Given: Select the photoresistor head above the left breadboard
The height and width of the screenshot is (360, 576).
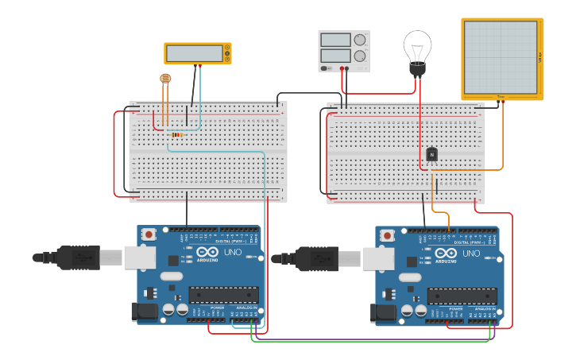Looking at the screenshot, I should click(x=165, y=78).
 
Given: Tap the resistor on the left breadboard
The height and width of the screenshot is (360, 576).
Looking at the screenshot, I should click(x=176, y=135).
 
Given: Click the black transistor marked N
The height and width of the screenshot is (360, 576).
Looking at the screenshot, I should click(x=431, y=154).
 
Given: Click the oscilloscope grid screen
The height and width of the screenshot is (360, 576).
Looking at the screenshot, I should click(x=501, y=57).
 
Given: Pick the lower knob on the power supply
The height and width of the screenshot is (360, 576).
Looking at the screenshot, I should click(x=360, y=56).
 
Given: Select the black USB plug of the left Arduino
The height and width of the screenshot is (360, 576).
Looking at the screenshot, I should click(x=78, y=257).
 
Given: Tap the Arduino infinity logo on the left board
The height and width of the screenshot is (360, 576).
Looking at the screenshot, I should click(x=205, y=253).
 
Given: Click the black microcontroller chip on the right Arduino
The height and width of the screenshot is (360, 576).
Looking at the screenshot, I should click(x=462, y=296).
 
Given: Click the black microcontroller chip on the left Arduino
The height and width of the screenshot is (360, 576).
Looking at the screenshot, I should click(x=223, y=295).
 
